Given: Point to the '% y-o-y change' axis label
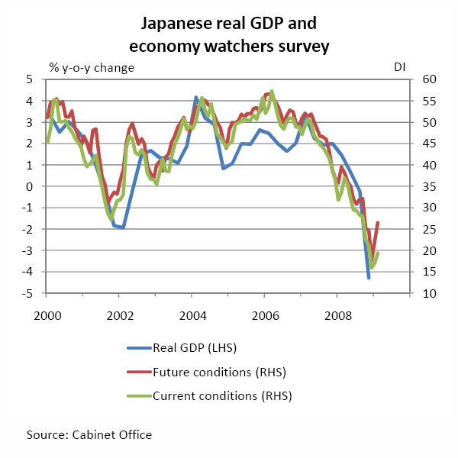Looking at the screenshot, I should (92, 66).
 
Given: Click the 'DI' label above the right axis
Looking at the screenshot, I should (399, 66).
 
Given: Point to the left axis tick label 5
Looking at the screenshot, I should (30, 79).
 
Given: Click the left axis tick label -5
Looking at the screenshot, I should (27, 294).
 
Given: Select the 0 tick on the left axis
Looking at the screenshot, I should (30, 186).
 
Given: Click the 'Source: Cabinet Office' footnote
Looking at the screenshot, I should (89, 434).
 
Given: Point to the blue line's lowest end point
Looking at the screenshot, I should (369, 278).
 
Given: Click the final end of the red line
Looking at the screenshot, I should (378, 222).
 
